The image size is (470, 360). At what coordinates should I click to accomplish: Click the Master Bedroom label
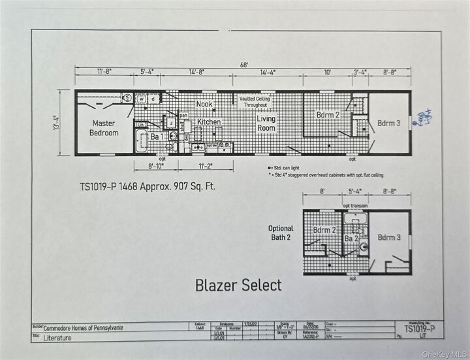pos(104,128)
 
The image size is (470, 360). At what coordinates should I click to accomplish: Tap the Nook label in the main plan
pos(204,104)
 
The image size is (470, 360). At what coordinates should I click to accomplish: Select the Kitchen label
pos(209,122)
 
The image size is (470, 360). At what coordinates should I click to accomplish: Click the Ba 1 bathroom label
pos(157,137)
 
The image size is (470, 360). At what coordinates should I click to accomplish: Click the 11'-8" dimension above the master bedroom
pos(105,73)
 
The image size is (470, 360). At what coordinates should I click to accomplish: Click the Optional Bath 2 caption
pos(281,232)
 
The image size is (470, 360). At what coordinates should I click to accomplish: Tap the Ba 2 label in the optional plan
pos(350,239)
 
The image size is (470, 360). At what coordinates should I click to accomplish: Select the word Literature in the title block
pos(58,338)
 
